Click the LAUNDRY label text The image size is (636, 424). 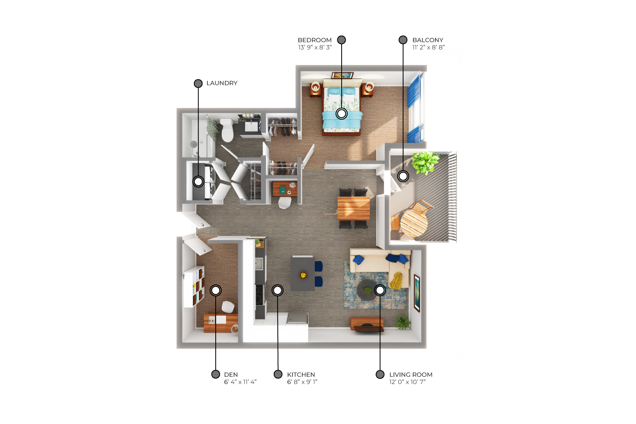(x=222, y=83)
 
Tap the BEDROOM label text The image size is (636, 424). (x=315, y=40)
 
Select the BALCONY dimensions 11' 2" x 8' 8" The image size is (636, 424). (x=429, y=47)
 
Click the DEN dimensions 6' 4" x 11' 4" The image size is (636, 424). (x=240, y=382)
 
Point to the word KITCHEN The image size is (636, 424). (x=301, y=375)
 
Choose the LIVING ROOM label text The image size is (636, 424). (x=411, y=375)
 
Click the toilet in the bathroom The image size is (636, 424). (x=227, y=130)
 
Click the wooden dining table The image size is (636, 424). (x=354, y=208)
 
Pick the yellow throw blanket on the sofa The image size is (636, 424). (x=396, y=281)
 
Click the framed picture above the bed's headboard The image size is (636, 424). (x=342, y=75)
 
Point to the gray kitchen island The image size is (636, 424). (x=303, y=273)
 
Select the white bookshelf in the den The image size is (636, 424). (x=193, y=287)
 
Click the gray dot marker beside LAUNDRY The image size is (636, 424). (x=198, y=83)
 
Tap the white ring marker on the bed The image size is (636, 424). (x=342, y=114)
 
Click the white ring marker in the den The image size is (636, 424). (x=216, y=290)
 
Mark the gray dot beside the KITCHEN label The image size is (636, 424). (x=278, y=374)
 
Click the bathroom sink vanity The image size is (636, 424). (x=249, y=125)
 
